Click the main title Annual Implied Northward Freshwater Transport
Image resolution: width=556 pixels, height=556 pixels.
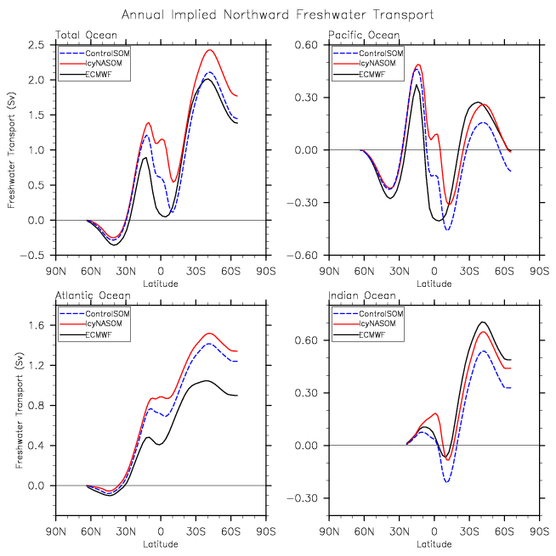pyautogui.click(x=277, y=14)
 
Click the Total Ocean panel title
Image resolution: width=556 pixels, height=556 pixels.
pyautogui.click(x=86, y=35)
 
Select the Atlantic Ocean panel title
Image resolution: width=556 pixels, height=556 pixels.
pyautogui.click(x=93, y=295)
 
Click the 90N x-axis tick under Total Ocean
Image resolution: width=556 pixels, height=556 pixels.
pyautogui.click(x=56, y=272)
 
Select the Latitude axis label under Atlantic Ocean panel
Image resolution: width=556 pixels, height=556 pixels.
pyautogui.click(x=160, y=544)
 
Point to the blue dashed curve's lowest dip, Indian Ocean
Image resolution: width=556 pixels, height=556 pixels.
pyautogui.click(x=446, y=482)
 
